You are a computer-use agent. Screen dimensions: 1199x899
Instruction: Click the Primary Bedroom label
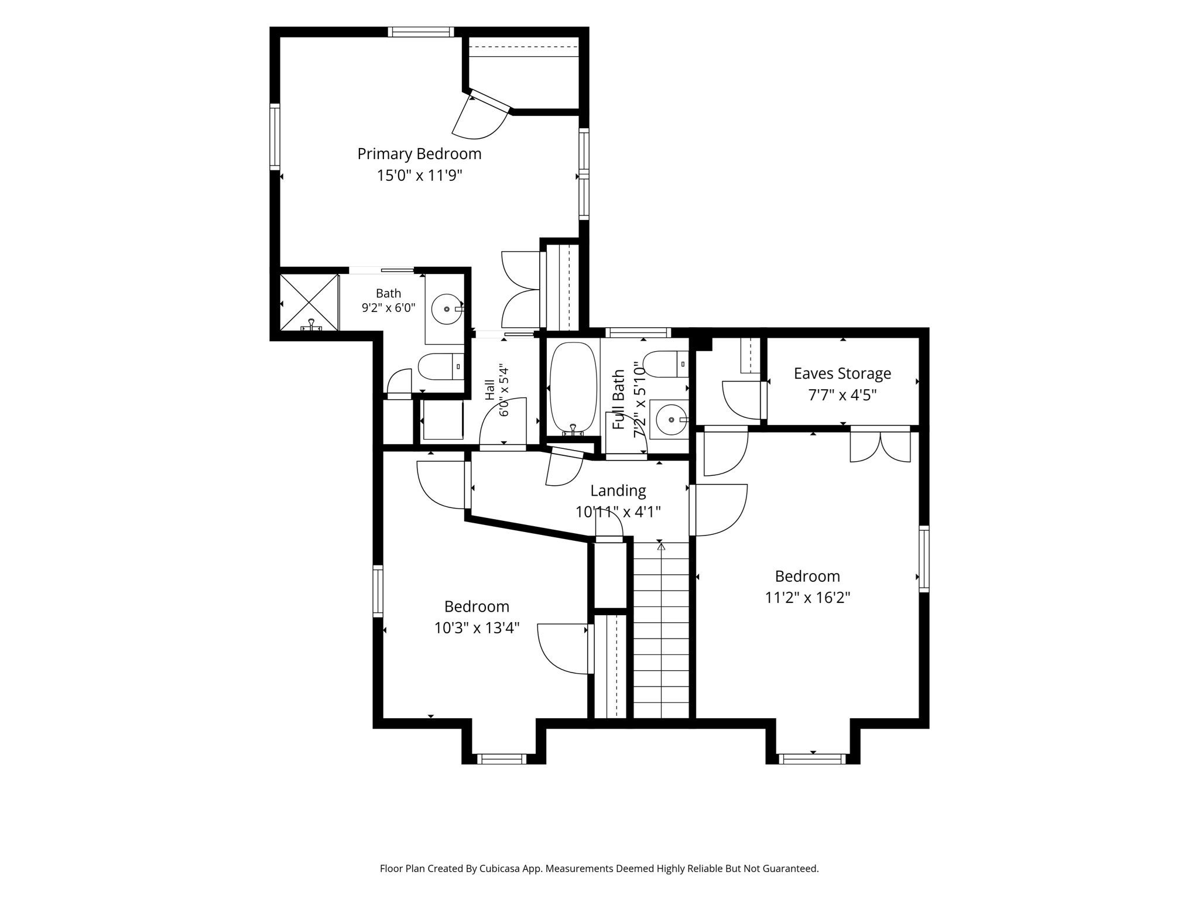(x=419, y=154)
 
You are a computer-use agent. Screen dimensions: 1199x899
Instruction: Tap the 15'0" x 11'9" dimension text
(x=419, y=176)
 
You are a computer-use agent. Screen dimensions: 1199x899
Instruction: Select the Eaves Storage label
(x=842, y=373)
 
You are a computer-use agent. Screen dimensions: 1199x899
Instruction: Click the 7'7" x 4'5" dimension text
(x=842, y=395)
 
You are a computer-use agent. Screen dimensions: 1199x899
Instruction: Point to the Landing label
(x=618, y=490)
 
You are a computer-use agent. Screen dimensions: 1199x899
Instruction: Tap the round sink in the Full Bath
(x=671, y=419)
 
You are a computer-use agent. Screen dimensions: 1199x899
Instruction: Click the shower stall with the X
(x=310, y=302)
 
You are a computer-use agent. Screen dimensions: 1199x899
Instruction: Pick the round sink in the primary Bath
(x=447, y=308)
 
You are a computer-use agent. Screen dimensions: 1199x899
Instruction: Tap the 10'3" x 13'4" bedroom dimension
(x=477, y=628)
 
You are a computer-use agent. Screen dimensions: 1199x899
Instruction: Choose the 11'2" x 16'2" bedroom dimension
(x=807, y=598)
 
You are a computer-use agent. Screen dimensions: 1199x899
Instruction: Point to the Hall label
(x=490, y=390)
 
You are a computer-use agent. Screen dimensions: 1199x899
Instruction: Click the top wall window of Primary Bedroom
(x=420, y=32)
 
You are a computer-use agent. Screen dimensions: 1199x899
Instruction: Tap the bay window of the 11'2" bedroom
(x=813, y=759)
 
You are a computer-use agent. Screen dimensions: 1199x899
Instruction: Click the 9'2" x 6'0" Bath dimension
(x=388, y=308)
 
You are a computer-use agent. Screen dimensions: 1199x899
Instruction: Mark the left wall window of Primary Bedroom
(x=275, y=137)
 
